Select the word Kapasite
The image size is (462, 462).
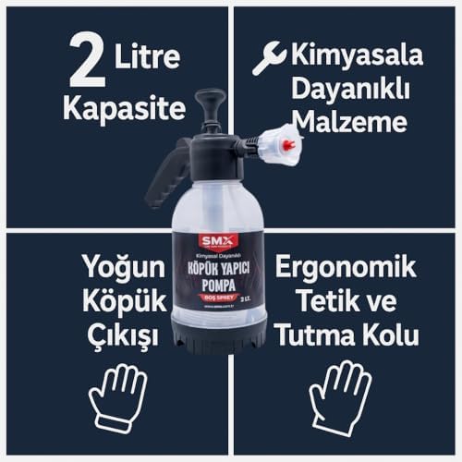click(123, 107)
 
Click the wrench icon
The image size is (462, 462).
click(269, 59)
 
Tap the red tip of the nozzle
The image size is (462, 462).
click(288, 145)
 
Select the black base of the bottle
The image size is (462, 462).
click(219, 336)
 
